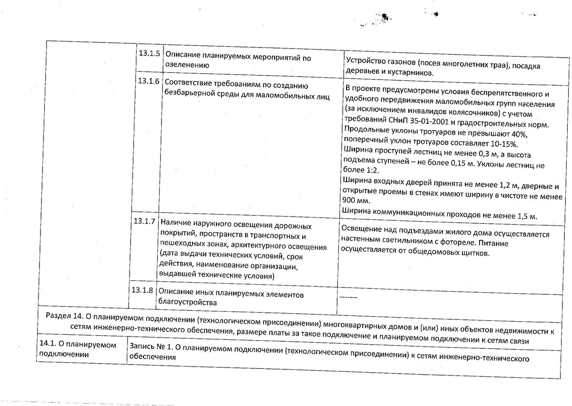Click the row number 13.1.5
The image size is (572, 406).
pyautogui.click(x=148, y=54)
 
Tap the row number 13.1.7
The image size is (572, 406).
pyautogui.click(x=144, y=221)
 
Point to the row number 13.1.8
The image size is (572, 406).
pyautogui.click(x=142, y=290)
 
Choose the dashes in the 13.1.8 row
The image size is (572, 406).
pyautogui.click(x=348, y=297)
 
